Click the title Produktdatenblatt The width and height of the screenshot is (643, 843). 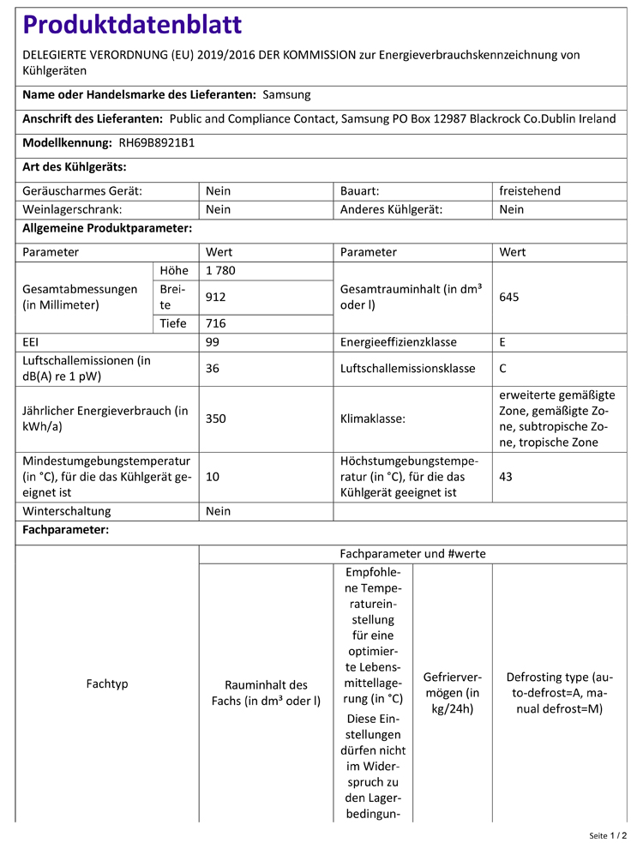click(132, 25)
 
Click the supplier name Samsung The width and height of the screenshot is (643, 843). click(286, 95)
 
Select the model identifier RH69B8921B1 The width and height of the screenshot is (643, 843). click(156, 143)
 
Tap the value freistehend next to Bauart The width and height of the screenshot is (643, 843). click(530, 190)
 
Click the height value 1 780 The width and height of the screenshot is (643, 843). click(220, 271)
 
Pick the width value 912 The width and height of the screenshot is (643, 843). click(216, 297)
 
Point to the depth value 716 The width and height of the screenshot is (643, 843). click(216, 323)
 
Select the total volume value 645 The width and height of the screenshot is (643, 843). click(509, 297)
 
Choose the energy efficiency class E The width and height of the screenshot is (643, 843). click(503, 341)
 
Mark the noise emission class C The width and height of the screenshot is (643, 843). click(503, 369)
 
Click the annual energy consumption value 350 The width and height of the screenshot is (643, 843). click(216, 419)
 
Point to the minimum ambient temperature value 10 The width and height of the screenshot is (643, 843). click(213, 477)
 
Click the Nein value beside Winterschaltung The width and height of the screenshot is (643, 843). click(219, 511)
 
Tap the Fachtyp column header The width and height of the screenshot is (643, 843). click(107, 683)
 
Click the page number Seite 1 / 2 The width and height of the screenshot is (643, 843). click(607, 834)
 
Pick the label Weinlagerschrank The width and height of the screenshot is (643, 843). click(72, 209)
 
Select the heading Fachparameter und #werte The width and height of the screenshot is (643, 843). click(412, 554)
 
